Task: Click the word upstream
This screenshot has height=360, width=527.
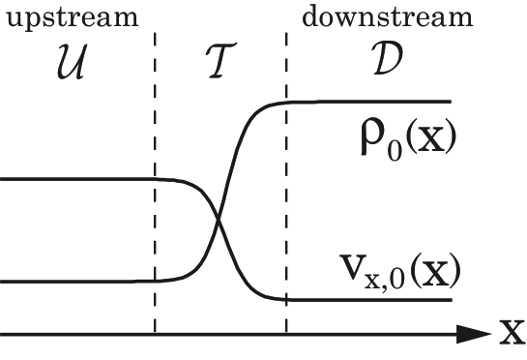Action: click(70, 17)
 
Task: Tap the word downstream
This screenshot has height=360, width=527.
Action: click(388, 16)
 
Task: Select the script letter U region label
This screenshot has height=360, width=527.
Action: click(70, 64)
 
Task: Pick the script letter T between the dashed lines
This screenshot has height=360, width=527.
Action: click(221, 64)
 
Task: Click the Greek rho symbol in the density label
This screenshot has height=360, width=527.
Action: click(368, 144)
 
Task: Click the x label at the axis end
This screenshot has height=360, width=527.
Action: click(512, 335)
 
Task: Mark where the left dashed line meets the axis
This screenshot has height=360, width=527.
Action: click(155, 335)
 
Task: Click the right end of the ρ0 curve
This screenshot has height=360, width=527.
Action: click(451, 102)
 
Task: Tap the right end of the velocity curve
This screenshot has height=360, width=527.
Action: click(451, 299)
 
